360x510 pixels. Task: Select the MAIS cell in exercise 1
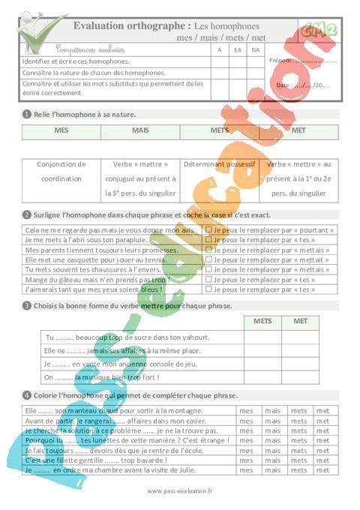(140, 130)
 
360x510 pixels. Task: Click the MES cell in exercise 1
(61, 130)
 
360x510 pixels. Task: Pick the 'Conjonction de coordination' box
(61, 178)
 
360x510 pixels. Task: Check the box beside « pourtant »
(209, 229)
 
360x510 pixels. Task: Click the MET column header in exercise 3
(300, 321)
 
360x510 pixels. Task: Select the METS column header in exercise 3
(262, 321)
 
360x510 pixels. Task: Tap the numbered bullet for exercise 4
(26, 395)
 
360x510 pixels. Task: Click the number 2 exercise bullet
(26, 214)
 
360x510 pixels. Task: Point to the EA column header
(238, 49)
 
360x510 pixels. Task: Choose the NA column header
(256, 49)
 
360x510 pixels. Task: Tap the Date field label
(283, 85)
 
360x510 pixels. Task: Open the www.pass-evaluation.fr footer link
(180, 491)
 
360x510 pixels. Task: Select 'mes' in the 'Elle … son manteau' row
(246, 411)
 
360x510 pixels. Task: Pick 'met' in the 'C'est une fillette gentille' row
(323, 460)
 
